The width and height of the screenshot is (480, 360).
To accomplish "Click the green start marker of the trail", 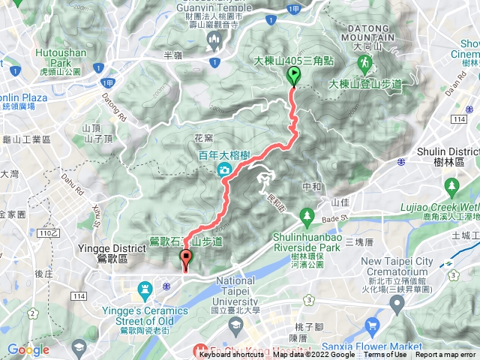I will click(x=293, y=76).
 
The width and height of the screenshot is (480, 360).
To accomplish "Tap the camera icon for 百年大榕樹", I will click(x=224, y=171).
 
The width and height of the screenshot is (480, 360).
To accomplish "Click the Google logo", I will click(x=28, y=349).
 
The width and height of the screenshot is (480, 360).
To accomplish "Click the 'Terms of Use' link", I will click(x=385, y=355).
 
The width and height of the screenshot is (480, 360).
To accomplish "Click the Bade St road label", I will click(x=347, y=219).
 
